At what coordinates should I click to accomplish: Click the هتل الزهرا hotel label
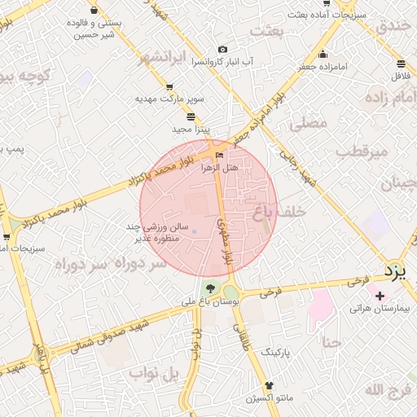click(219, 167)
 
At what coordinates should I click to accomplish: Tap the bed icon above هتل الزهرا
click(218, 155)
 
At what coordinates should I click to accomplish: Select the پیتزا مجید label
click(192, 129)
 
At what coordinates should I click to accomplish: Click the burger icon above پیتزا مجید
click(191, 116)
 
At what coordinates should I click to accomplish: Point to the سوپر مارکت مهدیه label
click(170, 99)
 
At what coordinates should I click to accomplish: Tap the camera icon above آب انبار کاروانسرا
click(222, 50)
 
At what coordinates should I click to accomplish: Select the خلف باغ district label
click(280, 211)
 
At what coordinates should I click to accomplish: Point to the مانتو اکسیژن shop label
click(270, 398)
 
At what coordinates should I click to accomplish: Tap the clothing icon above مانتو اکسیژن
click(270, 385)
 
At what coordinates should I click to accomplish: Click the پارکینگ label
click(275, 351)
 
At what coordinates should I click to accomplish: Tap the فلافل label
click(400, 76)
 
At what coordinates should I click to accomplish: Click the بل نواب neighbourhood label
click(152, 374)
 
